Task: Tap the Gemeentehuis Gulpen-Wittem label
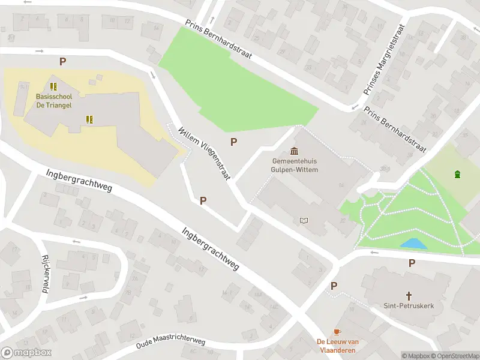point(295,166)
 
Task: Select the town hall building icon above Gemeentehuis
point(295,151)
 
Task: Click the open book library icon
point(304,221)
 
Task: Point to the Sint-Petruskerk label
point(409,306)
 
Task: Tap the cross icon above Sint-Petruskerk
point(409,295)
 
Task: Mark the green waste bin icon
point(458,175)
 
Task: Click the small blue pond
point(414,244)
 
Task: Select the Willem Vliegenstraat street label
point(205,152)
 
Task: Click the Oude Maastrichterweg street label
point(170,343)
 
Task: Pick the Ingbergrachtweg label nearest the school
point(79,181)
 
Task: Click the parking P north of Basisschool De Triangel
point(62,61)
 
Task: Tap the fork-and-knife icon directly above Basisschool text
point(53,86)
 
